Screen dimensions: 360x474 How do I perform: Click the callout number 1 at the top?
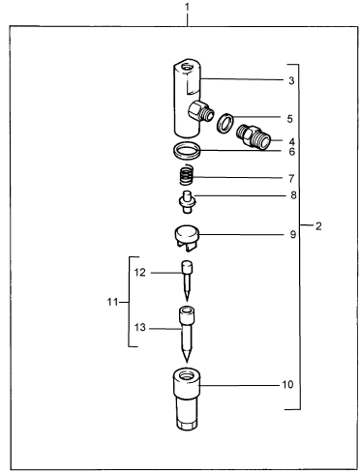pyautogui.click(x=188, y=8)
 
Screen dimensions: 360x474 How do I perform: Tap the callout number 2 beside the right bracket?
pyautogui.click(x=318, y=226)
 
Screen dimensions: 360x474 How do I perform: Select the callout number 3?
pyautogui.click(x=291, y=80)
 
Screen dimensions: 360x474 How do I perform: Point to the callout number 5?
pyautogui.click(x=289, y=119)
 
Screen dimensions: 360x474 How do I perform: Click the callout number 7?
pyautogui.click(x=291, y=178)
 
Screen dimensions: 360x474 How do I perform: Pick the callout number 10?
pyautogui.click(x=287, y=384)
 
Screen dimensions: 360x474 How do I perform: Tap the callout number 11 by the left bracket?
pyautogui.click(x=112, y=302)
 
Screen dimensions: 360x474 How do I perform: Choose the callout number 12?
pyautogui.click(x=140, y=273)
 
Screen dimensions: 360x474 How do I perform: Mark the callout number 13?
pyautogui.click(x=140, y=327)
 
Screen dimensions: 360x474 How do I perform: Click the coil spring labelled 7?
pyautogui.click(x=187, y=175)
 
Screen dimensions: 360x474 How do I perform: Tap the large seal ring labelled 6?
pyautogui.click(x=187, y=151)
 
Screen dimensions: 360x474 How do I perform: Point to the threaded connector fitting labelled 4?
pyautogui.click(x=254, y=136)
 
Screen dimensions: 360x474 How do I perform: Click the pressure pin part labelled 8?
pyautogui.click(x=187, y=202)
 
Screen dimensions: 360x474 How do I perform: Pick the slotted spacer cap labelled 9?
pyautogui.click(x=187, y=238)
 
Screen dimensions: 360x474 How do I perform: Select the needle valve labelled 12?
pyautogui.click(x=187, y=281)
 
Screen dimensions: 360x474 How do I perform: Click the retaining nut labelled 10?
pyautogui.click(x=187, y=399)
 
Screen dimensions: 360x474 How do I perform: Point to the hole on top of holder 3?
pyautogui.click(x=187, y=68)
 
